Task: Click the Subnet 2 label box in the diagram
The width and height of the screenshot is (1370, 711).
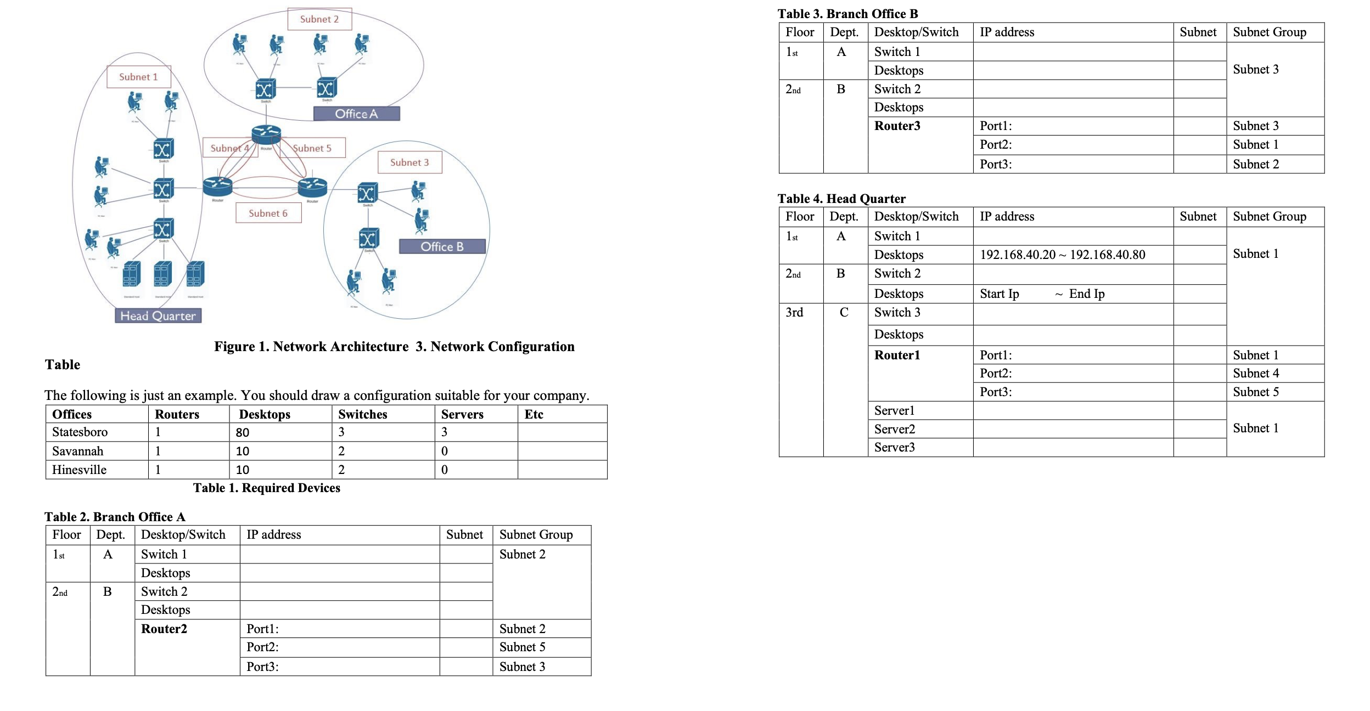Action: pos(319,19)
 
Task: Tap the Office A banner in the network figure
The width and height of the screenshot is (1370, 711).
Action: pos(356,114)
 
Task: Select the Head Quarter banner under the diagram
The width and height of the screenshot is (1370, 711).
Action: pos(158,315)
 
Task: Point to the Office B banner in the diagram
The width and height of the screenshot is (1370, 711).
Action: pos(442,246)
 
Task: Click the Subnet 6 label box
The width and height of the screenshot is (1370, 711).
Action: pos(268,213)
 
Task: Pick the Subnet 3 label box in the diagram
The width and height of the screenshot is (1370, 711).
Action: pos(409,162)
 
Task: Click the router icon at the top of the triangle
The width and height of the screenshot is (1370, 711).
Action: pos(266,134)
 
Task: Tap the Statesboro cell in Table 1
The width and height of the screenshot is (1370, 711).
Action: pos(80,432)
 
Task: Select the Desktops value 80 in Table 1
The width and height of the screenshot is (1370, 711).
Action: pos(243,432)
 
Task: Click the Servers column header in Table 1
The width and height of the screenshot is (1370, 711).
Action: pos(462,414)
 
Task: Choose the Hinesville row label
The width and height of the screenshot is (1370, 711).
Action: pos(80,470)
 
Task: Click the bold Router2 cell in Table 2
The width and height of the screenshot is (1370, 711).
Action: pos(164,629)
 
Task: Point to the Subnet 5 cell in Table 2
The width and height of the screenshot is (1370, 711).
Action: pos(523,647)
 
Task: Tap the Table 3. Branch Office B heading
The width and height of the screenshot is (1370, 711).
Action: pos(847,14)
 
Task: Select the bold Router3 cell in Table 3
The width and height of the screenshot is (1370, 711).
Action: pos(897,126)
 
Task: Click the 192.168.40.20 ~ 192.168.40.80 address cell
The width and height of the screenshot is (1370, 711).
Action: pos(1062,255)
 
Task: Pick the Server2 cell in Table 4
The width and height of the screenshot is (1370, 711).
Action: pos(894,429)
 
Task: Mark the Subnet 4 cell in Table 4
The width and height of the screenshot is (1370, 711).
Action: pos(1256,374)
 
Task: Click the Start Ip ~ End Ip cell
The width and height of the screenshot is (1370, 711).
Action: pos(1042,294)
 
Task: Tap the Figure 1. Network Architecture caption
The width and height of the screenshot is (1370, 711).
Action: pos(311,347)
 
